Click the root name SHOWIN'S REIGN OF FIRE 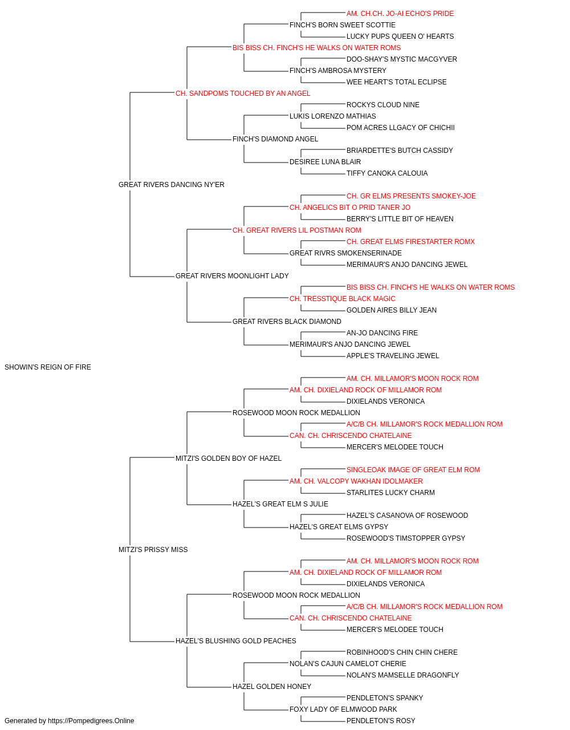[48, 367]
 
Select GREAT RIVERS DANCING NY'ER [171, 185]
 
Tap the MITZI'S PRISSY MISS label [153, 550]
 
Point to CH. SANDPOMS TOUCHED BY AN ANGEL [243, 94]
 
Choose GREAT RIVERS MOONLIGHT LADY [232, 276]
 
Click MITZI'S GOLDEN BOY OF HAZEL [228, 458]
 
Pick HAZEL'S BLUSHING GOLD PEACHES [235, 640]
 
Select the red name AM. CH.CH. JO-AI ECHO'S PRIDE [400, 14]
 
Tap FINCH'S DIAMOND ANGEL [275, 139]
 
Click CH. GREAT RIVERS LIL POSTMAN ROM [297, 230]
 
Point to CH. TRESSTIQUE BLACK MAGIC [343, 299]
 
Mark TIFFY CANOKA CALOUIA [387, 173]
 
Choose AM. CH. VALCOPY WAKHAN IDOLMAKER [356, 481]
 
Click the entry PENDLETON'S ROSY [381, 721]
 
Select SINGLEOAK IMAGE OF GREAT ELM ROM [413, 469]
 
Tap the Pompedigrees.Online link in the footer [91, 721]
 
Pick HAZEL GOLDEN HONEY [272, 686]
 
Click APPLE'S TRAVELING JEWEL [393, 356]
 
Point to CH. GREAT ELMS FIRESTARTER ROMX [410, 242]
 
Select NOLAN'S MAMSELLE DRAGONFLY [402, 675]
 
